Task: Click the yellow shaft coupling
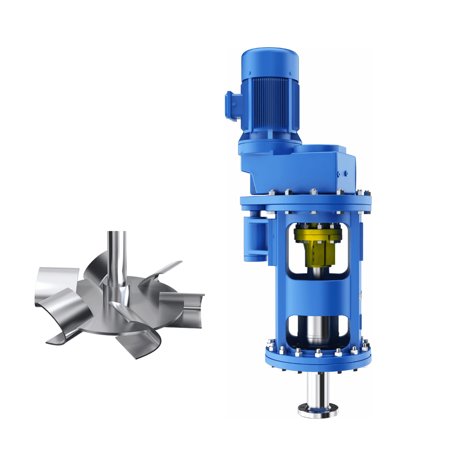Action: [318, 248]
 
